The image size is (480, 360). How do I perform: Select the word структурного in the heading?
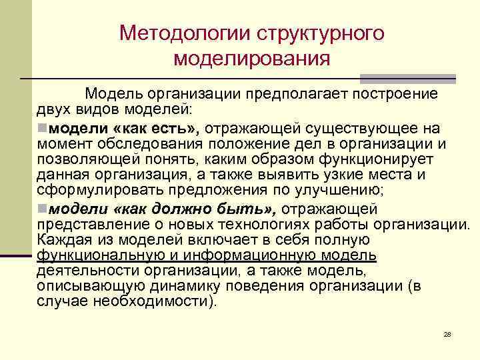pyautogui.click(x=315, y=33)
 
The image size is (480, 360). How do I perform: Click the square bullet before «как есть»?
pyautogui.click(x=42, y=127)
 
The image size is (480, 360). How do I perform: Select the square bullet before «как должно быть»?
pyautogui.click(x=42, y=208)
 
